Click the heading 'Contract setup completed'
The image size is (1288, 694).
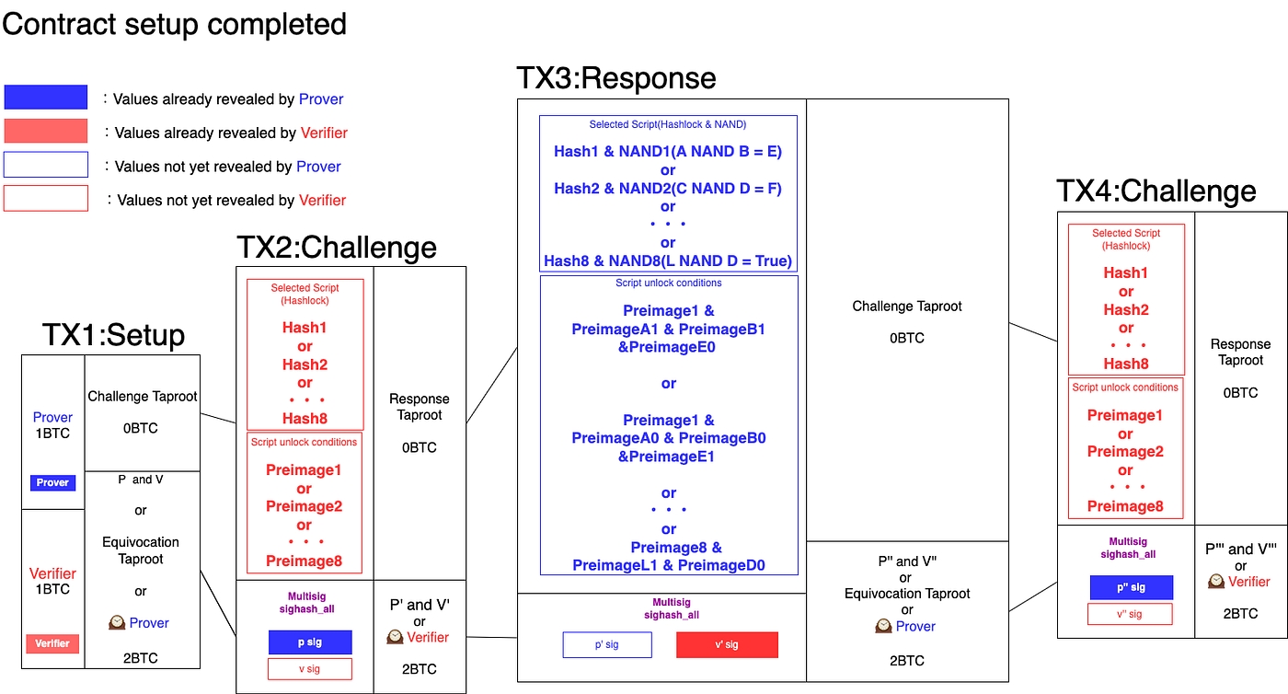pyautogui.click(x=175, y=23)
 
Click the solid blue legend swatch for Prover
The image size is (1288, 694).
pyautogui.click(x=46, y=98)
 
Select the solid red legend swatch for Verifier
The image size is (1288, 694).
pyautogui.click(x=46, y=132)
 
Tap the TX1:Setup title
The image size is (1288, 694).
pyautogui.click(x=113, y=335)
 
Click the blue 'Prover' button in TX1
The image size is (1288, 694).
pyautogui.click(x=52, y=482)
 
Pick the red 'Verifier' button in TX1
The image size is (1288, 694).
pyautogui.click(x=52, y=643)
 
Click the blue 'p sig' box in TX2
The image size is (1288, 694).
pyautogui.click(x=310, y=642)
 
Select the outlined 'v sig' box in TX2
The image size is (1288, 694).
pyautogui.click(x=310, y=669)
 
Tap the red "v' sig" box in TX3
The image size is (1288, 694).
pyautogui.click(x=727, y=645)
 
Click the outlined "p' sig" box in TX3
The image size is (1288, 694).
pyautogui.click(x=607, y=645)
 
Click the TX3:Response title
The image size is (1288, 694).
pyautogui.click(x=615, y=78)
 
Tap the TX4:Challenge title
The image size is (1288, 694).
pyautogui.click(x=1156, y=191)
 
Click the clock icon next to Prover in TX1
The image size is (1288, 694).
pyautogui.click(x=116, y=622)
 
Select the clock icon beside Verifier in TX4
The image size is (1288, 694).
pyautogui.click(x=1216, y=582)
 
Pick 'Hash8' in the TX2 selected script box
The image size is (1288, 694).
pyautogui.click(x=305, y=419)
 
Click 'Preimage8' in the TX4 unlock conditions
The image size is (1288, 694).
pyautogui.click(x=1125, y=506)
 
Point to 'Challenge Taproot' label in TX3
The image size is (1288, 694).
pyautogui.click(x=908, y=306)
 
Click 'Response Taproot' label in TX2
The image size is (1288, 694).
pyautogui.click(x=420, y=407)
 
